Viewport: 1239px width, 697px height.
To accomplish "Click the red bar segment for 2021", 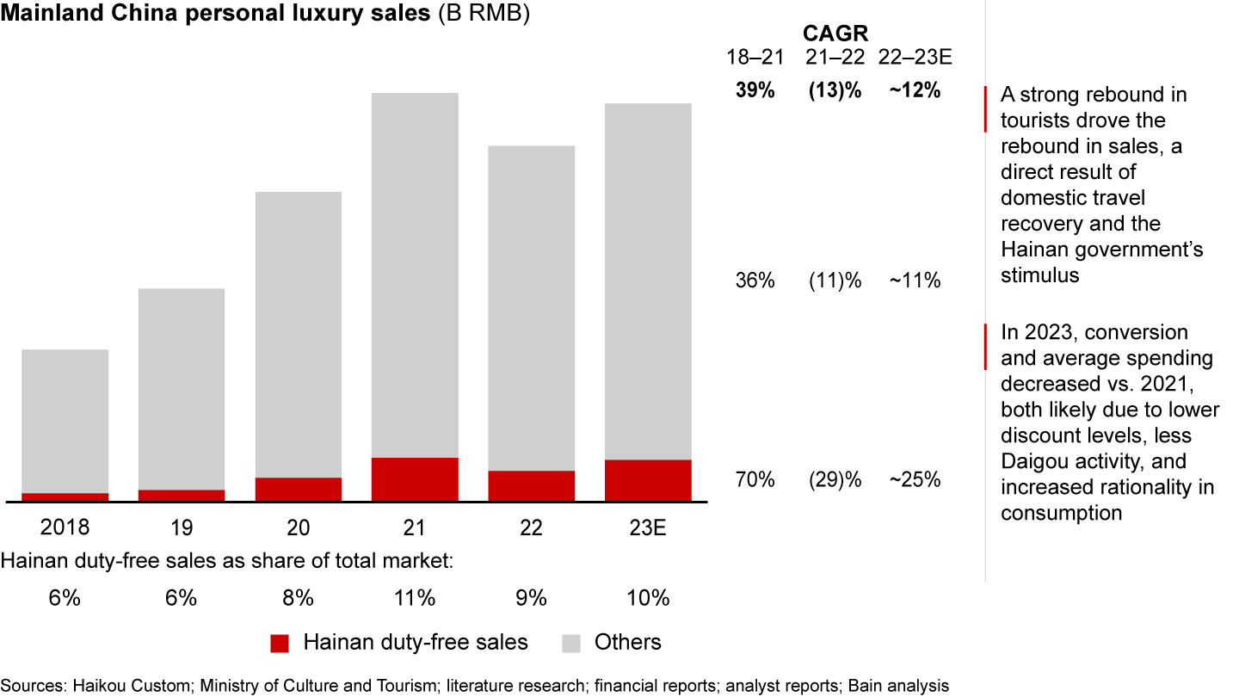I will (x=415, y=478).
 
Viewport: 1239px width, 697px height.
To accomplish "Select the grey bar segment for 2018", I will (x=65, y=421).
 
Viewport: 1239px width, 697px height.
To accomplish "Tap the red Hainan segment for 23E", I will (x=648, y=480).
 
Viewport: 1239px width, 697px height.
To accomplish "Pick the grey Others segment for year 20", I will (x=299, y=334).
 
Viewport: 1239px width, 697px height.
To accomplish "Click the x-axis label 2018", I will (x=65, y=527).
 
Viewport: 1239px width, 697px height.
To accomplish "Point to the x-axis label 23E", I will (x=648, y=527).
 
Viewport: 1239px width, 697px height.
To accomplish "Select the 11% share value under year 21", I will (x=415, y=598).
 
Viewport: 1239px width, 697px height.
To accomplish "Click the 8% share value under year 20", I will (x=299, y=598).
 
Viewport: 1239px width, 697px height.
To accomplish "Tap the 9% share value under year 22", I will (x=532, y=598).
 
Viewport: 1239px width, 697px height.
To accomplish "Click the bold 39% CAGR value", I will (x=755, y=90).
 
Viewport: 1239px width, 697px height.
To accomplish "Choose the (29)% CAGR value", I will (x=835, y=479).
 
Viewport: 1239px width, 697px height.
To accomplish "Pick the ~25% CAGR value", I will (x=915, y=479).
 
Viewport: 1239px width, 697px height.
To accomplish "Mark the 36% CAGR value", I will (x=755, y=281).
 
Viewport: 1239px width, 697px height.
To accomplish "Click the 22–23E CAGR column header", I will (x=915, y=58).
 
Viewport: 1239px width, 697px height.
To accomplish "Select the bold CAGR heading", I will (x=835, y=34).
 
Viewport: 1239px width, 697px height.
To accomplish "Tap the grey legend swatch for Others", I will (x=571, y=643).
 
